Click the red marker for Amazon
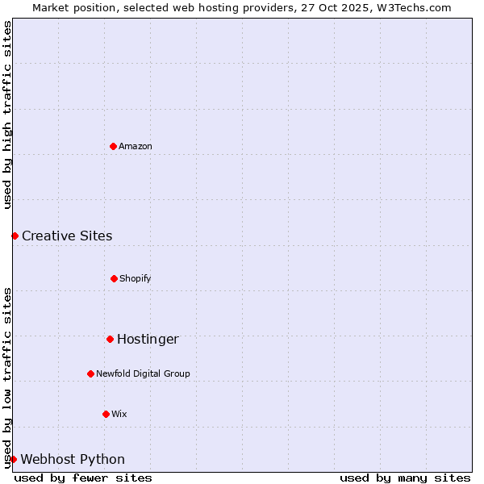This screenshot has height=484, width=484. click(113, 146)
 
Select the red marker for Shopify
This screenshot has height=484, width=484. click(114, 278)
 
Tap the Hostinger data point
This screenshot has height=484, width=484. click(110, 339)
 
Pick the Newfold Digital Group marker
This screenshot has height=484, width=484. click(90, 373)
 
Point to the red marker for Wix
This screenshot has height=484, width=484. click(106, 414)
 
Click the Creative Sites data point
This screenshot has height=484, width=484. click(15, 236)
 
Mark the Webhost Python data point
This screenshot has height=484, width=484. click(13, 459)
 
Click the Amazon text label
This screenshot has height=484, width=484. click(136, 146)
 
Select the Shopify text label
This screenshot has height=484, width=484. click(136, 278)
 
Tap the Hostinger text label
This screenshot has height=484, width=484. click(148, 339)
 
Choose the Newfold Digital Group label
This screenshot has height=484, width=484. click(143, 373)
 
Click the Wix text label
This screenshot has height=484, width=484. click(119, 414)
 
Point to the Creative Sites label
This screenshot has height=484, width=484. click(67, 236)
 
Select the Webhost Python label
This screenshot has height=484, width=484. click(73, 459)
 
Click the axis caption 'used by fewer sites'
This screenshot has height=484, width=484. click(83, 478)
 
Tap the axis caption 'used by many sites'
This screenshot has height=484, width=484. click(405, 478)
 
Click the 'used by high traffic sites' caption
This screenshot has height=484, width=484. click(7, 115)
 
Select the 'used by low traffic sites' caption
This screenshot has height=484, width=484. click(7, 378)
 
